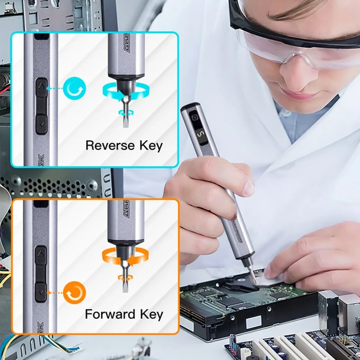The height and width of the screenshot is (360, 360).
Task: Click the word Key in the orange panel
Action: click(x=150, y=314)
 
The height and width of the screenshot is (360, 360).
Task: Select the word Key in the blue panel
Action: click(x=149, y=145)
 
